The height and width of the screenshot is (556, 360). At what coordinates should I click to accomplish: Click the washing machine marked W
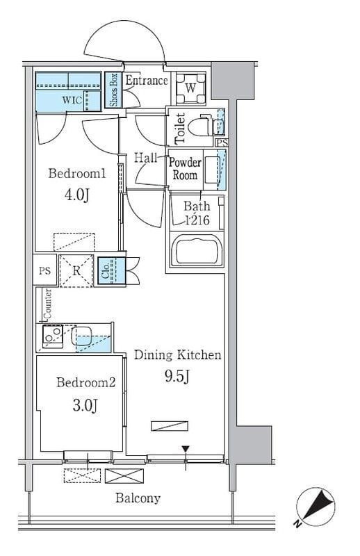pyautogui.click(x=191, y=88)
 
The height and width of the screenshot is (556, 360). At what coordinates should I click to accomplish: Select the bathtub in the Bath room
pyautogui.click(x=197, y=250)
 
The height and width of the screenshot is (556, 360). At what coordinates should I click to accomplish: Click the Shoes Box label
pyautogui.click(x=113, y=90)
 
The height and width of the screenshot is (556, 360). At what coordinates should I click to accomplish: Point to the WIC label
pyautogui.click(x=72, y=100)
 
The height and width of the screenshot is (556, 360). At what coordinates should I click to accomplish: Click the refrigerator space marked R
pyautogui.click(x=76, y=271)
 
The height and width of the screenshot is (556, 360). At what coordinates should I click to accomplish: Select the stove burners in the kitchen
pyautogui.click(x=53, y=336)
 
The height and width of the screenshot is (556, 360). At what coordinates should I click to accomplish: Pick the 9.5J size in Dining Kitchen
pyautogui.click(x=177, y=376)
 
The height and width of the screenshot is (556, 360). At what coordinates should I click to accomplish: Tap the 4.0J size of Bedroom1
pyautogui.click(x=76, y=195)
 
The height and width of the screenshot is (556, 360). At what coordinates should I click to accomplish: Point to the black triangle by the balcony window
pyautogui.click(x=186, y=449)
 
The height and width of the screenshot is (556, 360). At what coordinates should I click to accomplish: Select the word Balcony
pyautogui.click(x=138, y=498)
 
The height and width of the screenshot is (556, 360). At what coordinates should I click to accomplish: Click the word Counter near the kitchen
pyautogui.click(x=47, y=304)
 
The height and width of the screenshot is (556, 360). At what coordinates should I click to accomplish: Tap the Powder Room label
pyautogui.click(x=185, y=169)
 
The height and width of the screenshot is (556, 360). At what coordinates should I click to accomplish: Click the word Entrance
pyautogui.click(x=147, y=80)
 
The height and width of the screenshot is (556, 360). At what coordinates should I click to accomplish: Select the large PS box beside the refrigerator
pyautogui.click(x=44, y=270)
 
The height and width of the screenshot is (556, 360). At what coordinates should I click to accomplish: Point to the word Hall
pyautogui.click(x=145, y=158)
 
